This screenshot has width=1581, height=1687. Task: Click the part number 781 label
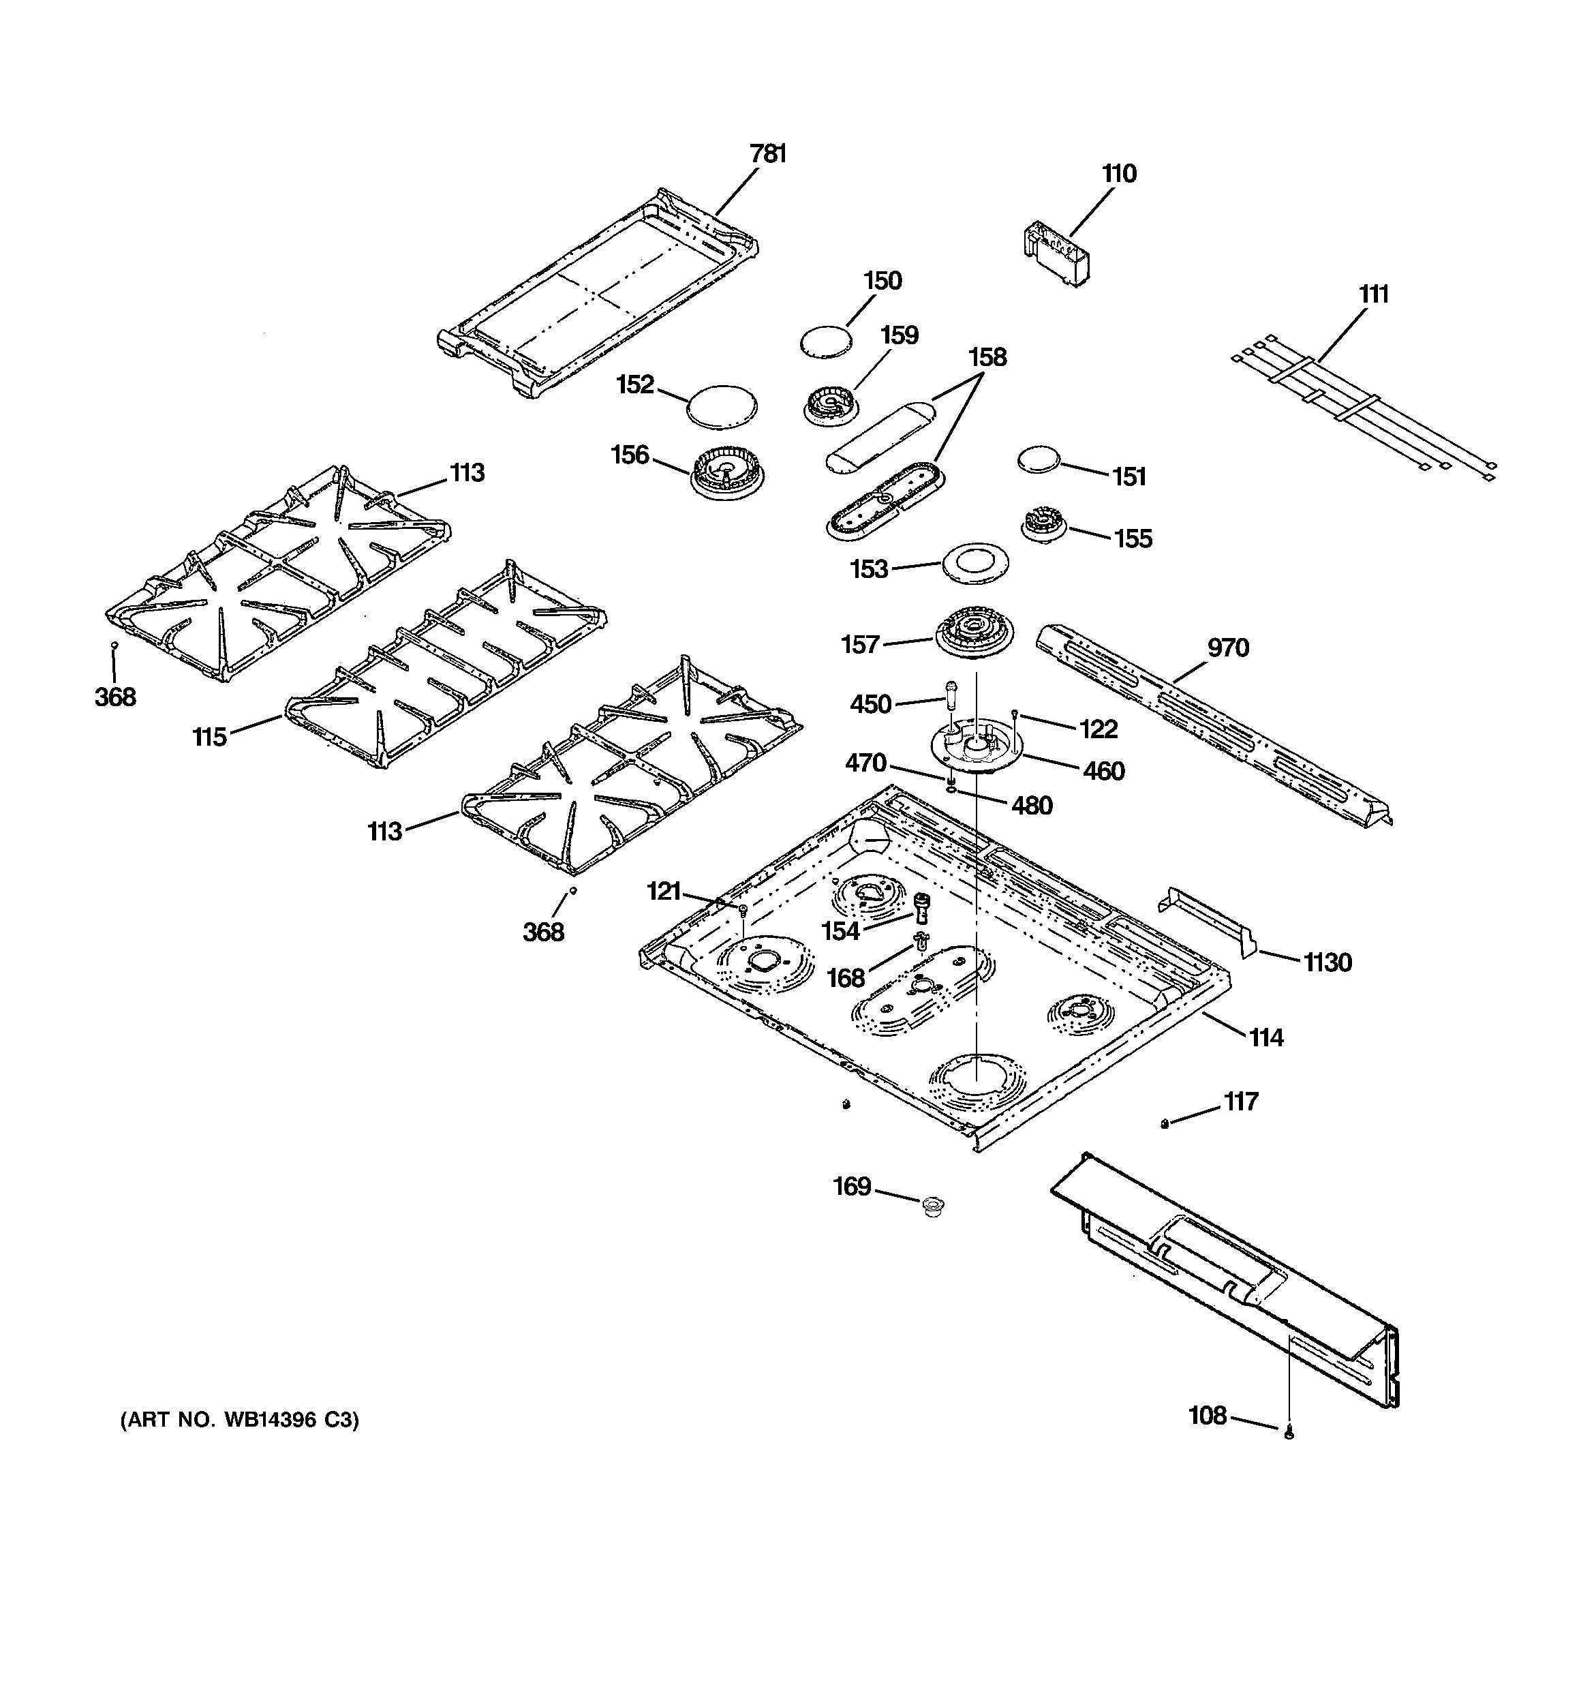click(x=767, y=153)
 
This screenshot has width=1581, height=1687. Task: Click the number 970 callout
click(x=1227, y=648)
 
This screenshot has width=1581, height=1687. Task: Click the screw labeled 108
click(x=1289, y=1434)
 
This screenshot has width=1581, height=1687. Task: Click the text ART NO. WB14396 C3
click(x=239, y=1420)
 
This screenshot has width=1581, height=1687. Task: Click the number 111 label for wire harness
click(x=1373, y=294)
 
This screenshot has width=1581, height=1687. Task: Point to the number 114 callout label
click(x=1265, y=1037)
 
